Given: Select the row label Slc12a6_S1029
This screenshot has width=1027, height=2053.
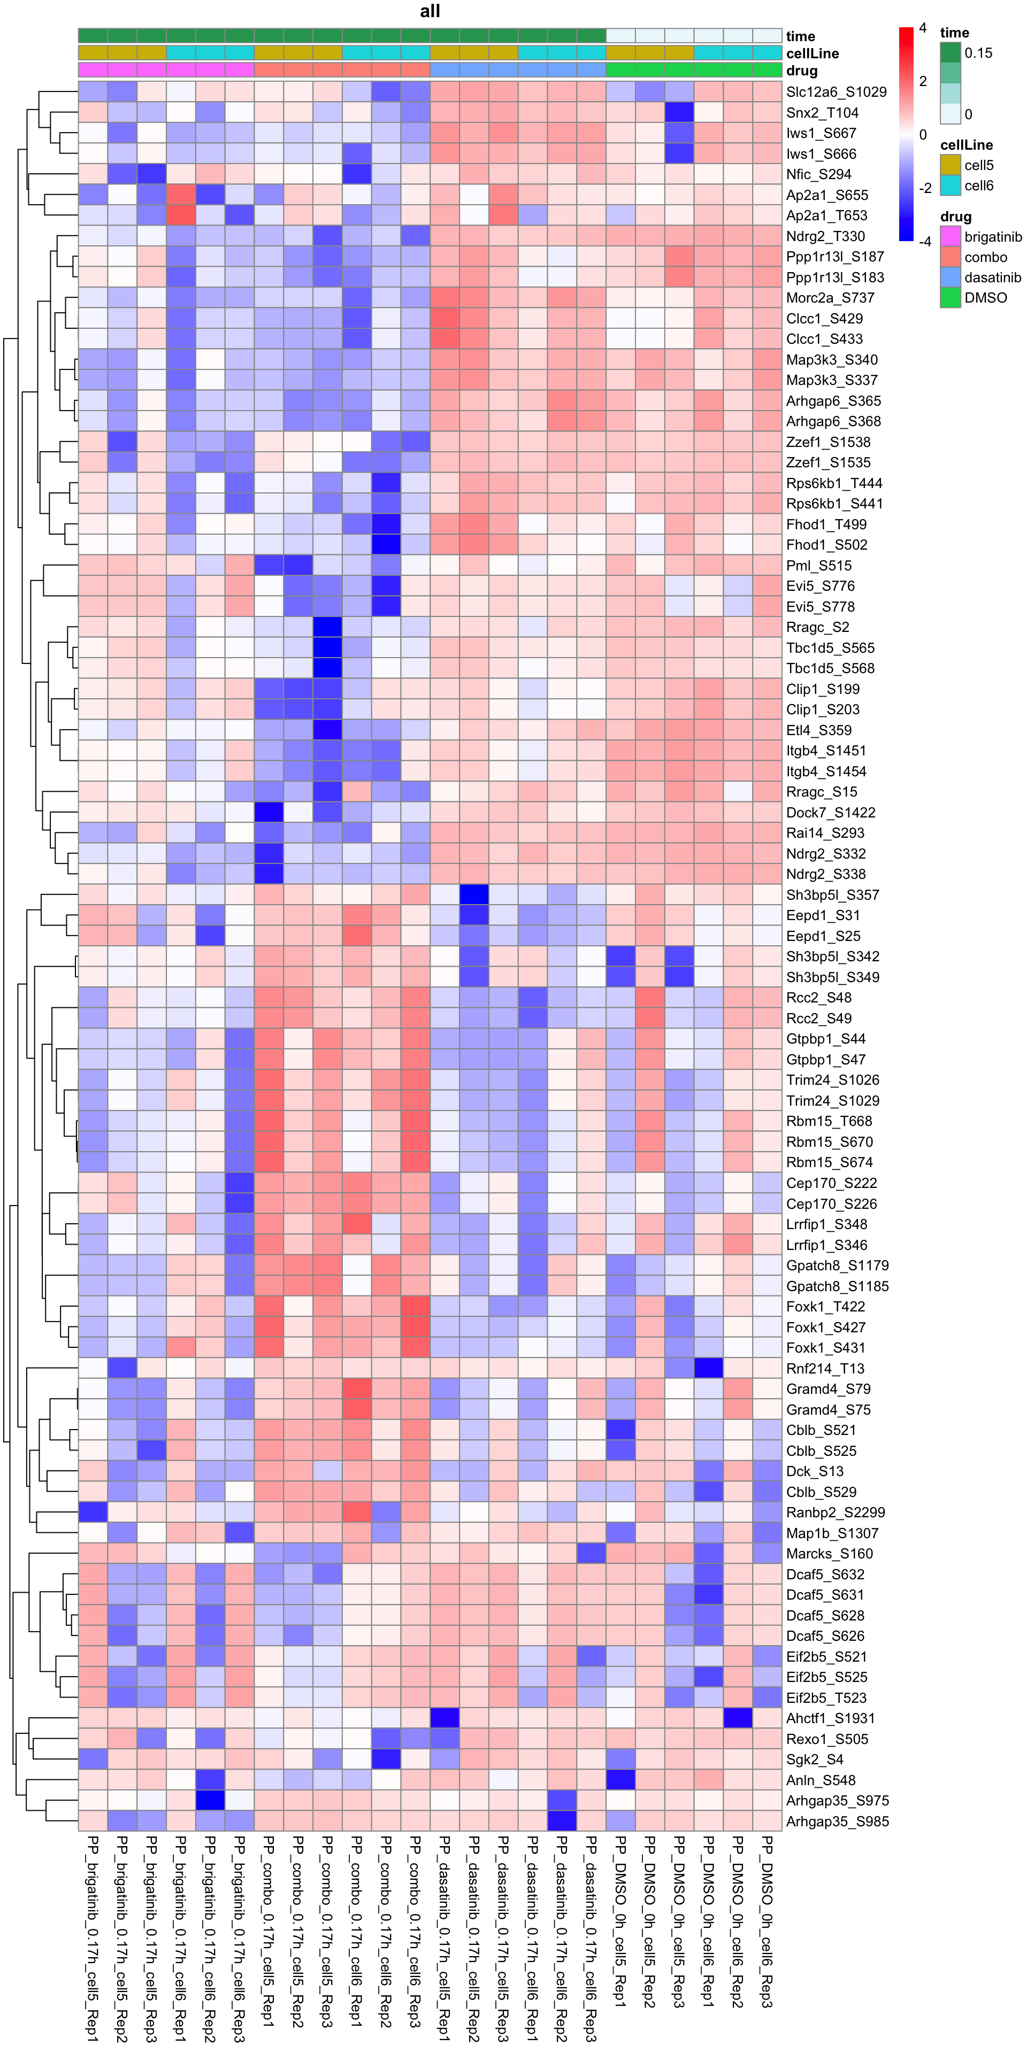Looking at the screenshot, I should click(x=836, y=91).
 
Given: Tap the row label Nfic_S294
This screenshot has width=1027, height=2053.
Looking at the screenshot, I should click(x=818, y=174).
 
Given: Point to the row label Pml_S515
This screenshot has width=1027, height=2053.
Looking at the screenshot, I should click(x=818, y=566).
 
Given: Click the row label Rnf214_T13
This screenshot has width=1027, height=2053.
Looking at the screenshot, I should click(x=824, y=1369).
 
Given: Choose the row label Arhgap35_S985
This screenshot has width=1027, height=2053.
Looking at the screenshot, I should click(x=837, y=1821).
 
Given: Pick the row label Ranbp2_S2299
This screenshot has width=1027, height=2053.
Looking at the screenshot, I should click(x=835, y=1512).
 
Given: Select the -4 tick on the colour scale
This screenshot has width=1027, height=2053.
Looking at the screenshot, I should click(x=924, y=241).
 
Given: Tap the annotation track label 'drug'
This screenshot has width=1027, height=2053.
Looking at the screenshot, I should click(x=801, y=71).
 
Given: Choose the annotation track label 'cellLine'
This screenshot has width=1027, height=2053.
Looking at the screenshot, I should click(x=812, y=53).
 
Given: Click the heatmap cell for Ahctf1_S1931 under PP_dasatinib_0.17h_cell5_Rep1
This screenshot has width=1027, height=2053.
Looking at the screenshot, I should click(x=444, y=1718).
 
